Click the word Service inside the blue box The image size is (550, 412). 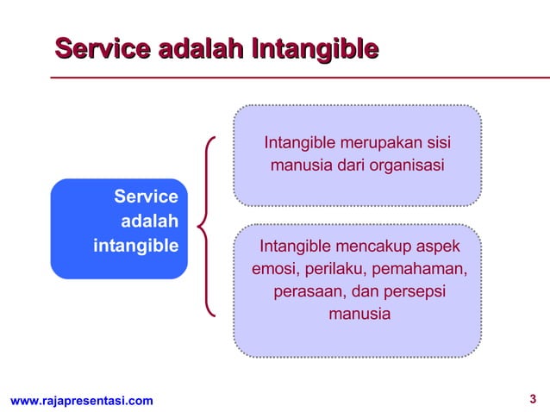146,197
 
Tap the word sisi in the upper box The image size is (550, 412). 437,141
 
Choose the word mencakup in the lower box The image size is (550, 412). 373,248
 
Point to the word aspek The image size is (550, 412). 437,248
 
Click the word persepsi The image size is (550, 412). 412,293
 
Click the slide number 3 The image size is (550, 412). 532,398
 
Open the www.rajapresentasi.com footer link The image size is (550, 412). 82,400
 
